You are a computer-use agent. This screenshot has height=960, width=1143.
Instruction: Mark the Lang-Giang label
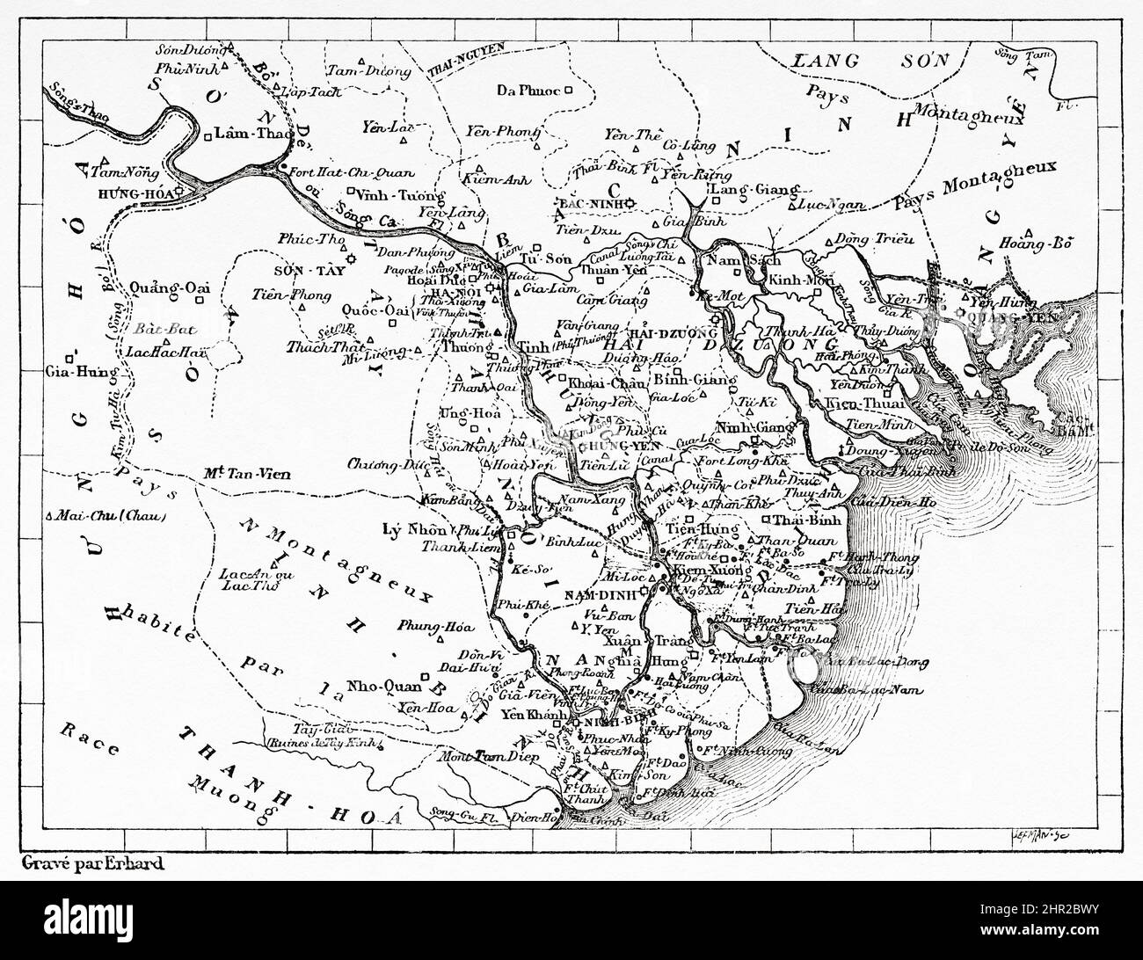[754, 189]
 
